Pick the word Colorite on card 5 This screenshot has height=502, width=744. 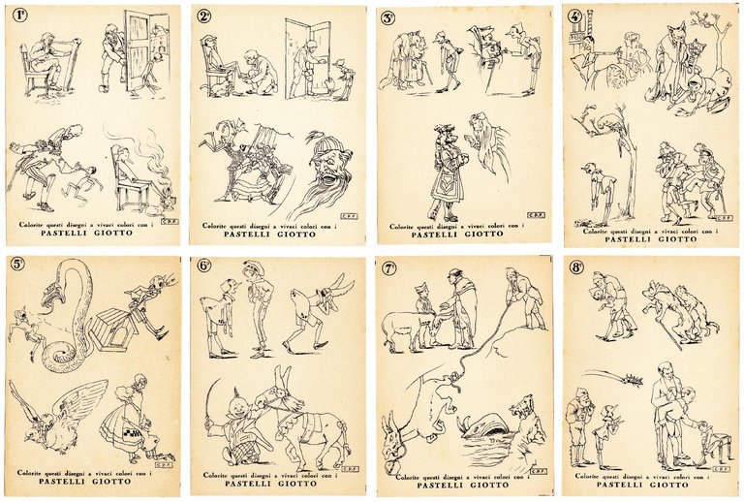pos(38,472)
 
